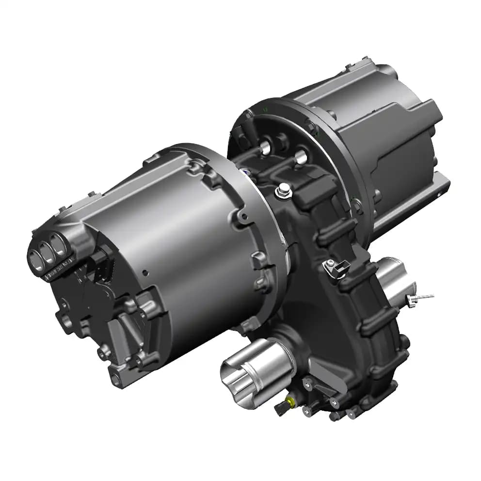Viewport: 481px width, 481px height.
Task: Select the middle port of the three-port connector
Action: click(48, 252)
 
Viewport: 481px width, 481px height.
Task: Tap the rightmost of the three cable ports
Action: click(59, 247)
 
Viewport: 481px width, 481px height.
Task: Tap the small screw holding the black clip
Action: click(329, 263)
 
